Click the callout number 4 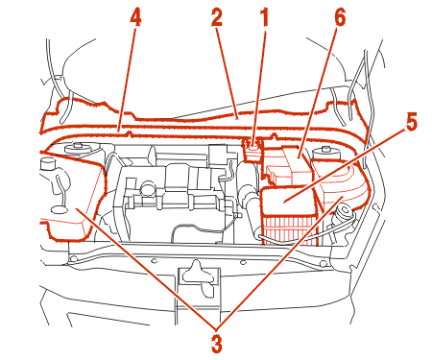135,18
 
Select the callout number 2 217,18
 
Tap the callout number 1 265,18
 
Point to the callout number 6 340,18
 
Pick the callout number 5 412,123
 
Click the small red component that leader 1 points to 253,150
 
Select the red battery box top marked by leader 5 286,200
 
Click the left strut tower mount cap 77,149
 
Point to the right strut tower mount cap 325,151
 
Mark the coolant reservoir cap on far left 47,163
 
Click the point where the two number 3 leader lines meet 217,328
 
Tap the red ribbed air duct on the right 343,185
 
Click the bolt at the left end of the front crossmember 74,258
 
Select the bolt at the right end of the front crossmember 324,264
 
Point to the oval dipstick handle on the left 60,210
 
